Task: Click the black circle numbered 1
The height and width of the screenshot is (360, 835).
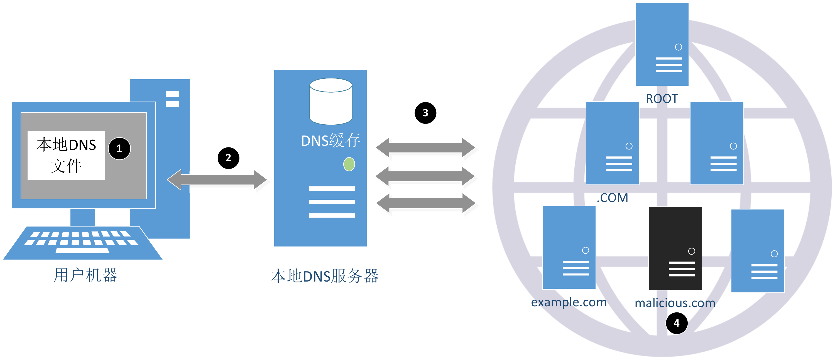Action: pos(119,148)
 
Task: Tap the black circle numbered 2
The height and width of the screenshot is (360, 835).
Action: pos(228,158)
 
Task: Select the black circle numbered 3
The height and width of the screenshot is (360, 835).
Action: pos(425,113)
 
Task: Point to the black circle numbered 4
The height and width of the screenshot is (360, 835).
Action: pos(677,323)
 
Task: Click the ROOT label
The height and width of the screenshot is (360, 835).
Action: pos(662,98)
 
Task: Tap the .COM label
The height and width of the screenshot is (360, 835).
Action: pos(612,198)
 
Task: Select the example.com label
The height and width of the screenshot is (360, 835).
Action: pos(569,302)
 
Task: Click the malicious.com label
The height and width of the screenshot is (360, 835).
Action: pos(675,303)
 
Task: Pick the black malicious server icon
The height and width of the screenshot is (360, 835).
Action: pos(675,248)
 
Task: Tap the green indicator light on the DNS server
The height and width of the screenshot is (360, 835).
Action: pos(349,164)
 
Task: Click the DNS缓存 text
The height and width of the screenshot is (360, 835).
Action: pos(330,140)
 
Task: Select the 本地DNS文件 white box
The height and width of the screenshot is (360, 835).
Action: pos(66,155)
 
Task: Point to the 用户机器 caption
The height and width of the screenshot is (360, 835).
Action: pos(85,275)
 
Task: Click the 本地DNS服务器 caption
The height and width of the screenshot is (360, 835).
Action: pos(324,276)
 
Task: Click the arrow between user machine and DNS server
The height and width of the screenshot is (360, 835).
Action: pos(217,179)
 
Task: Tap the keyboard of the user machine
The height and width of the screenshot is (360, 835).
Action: pos(82,242)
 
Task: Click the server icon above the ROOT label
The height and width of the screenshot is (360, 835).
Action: pos(662,44)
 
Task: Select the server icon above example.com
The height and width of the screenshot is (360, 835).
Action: pos(569,247)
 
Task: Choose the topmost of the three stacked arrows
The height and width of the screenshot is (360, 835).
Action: pos(425,147)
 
